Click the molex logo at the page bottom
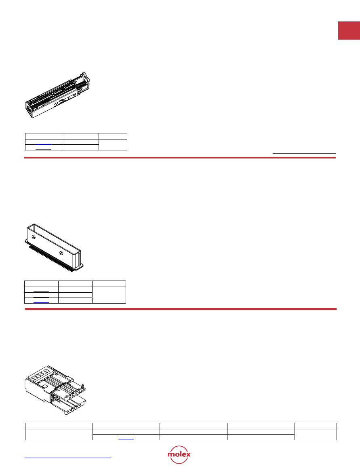179,454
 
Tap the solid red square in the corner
349,31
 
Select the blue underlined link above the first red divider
304,153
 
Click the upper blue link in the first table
43,144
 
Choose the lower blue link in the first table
43,149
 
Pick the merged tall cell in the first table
113,144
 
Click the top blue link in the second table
41,291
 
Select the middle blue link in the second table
41,297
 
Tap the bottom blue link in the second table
41,302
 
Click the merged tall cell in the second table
109,295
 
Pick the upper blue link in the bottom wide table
126,434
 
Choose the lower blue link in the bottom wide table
126,439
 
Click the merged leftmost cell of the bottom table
59,435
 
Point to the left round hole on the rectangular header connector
33,237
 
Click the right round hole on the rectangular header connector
61,253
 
